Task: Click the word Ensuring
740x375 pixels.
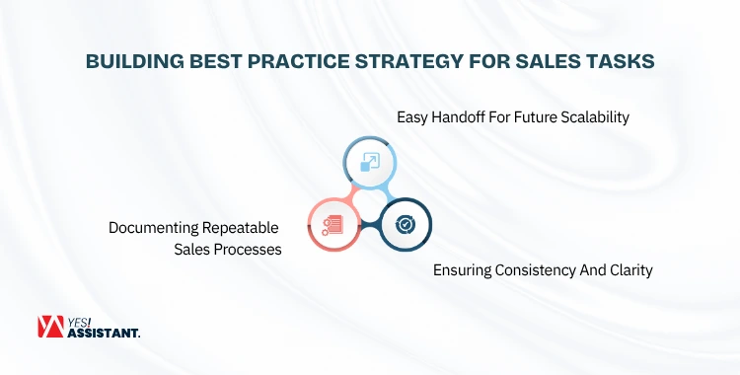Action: point(464,270)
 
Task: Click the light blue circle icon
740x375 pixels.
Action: point(369,163)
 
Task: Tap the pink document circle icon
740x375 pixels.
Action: point(333,224)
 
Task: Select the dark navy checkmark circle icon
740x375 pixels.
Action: point(406,224)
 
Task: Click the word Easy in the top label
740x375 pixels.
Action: point(414,117)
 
